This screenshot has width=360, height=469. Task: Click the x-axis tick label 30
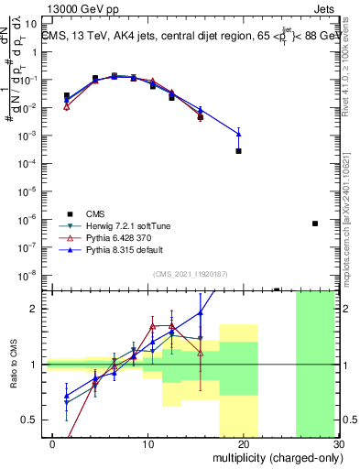339,442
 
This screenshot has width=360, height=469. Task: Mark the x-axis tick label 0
53,442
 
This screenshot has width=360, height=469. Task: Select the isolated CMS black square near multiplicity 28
314,224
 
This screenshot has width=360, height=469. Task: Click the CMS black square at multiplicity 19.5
238,151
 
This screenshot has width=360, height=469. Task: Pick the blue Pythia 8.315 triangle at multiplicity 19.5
238,134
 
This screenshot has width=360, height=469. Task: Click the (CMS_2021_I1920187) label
189,273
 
